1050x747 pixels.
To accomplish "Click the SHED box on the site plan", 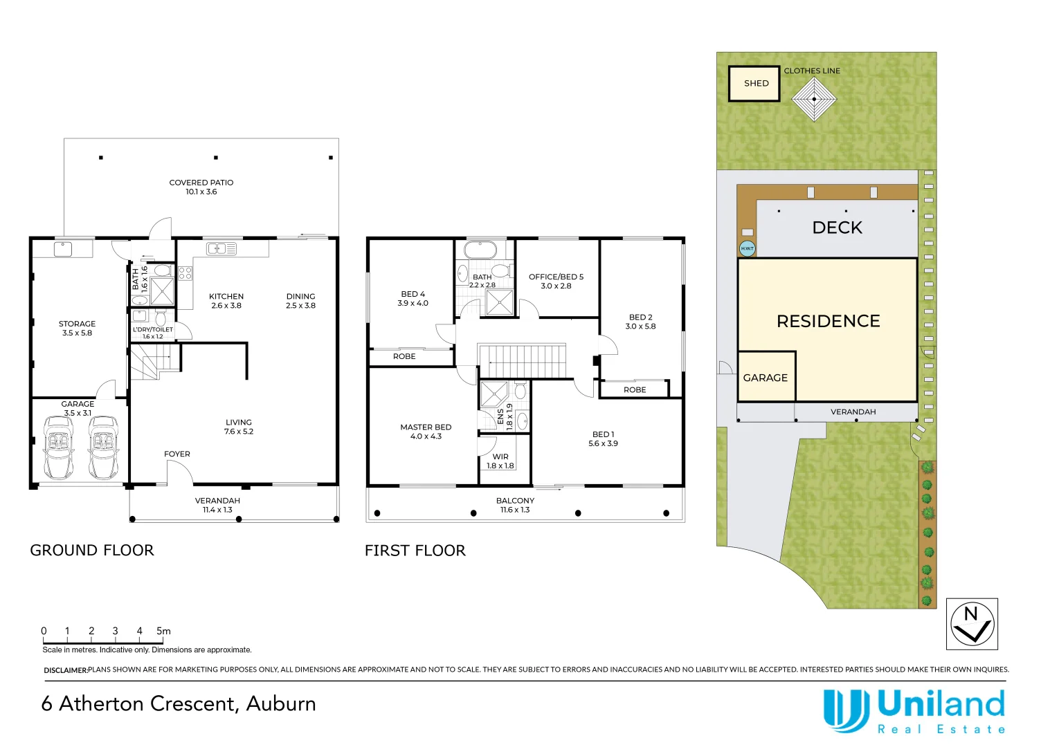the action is tap(754, 84).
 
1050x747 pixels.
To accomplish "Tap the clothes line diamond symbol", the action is tap(814, 100).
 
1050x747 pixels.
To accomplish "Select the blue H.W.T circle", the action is tap(748, 248).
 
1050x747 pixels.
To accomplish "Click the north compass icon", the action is tap(972, 624).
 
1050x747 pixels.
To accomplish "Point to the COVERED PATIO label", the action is tap(201, 187).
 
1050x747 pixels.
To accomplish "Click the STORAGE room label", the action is tap(77, 329).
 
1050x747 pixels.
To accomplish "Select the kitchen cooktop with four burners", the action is tap(185, 273).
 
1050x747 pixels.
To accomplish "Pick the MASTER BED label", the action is tap(426, 432).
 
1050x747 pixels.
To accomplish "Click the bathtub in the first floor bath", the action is tap(480, 250).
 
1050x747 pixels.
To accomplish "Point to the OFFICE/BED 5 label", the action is tap(556, 281).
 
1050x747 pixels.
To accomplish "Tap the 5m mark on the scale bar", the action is tap(163, 631).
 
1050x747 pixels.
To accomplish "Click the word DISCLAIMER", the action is tap(66, 670).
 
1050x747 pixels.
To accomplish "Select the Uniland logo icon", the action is tap(846, 711).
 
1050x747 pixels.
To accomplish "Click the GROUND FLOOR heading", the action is tap(92, 551).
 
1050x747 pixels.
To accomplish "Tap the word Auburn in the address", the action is tap(281, 704).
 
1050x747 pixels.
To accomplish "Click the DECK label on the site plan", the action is tap(838, 228).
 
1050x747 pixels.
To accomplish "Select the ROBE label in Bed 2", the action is tap(635, 389).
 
